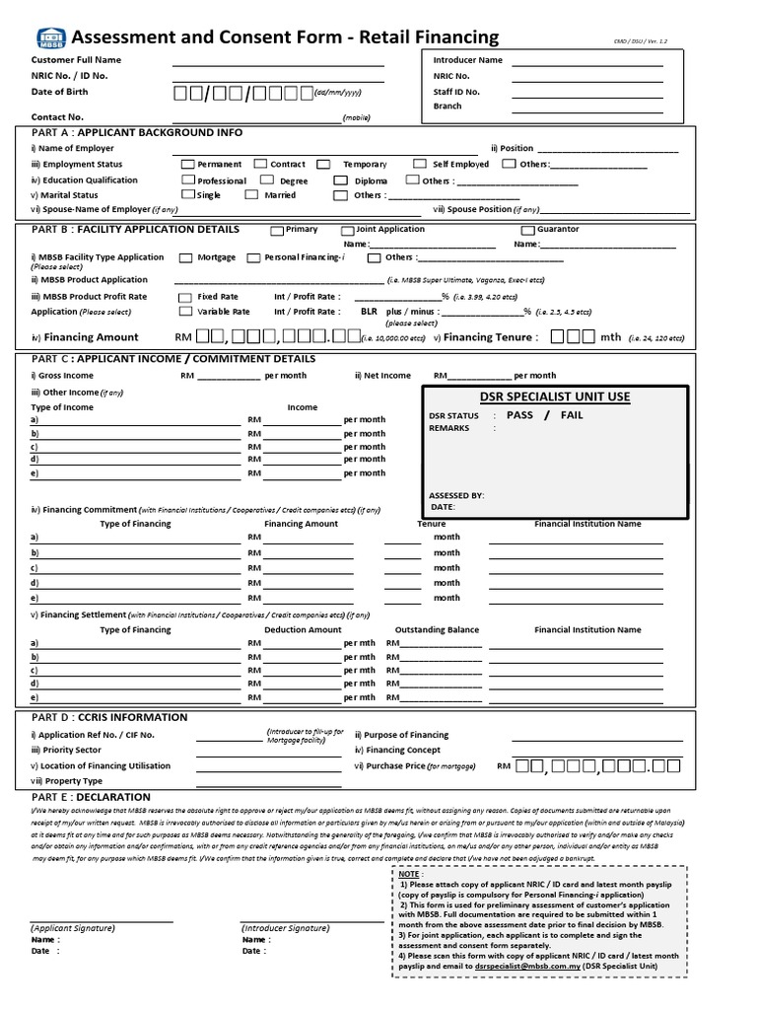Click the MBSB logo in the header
pos(51,38)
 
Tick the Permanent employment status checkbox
pos(188,164)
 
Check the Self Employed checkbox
pos(420,164)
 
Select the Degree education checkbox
pos(267,180)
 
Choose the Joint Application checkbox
pos(347,230)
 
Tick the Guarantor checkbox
pos(528,230)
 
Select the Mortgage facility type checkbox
pos(186,257)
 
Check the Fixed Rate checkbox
pos(185,296)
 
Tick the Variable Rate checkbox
pos(185,312)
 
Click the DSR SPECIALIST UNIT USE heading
pos(555,397)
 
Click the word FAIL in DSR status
pos(572,415)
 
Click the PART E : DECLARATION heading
pos(91,797)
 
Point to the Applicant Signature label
pos(73,928)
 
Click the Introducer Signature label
pos(285,928)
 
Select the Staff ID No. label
pos(456,92)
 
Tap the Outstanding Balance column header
pos(437,629)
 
